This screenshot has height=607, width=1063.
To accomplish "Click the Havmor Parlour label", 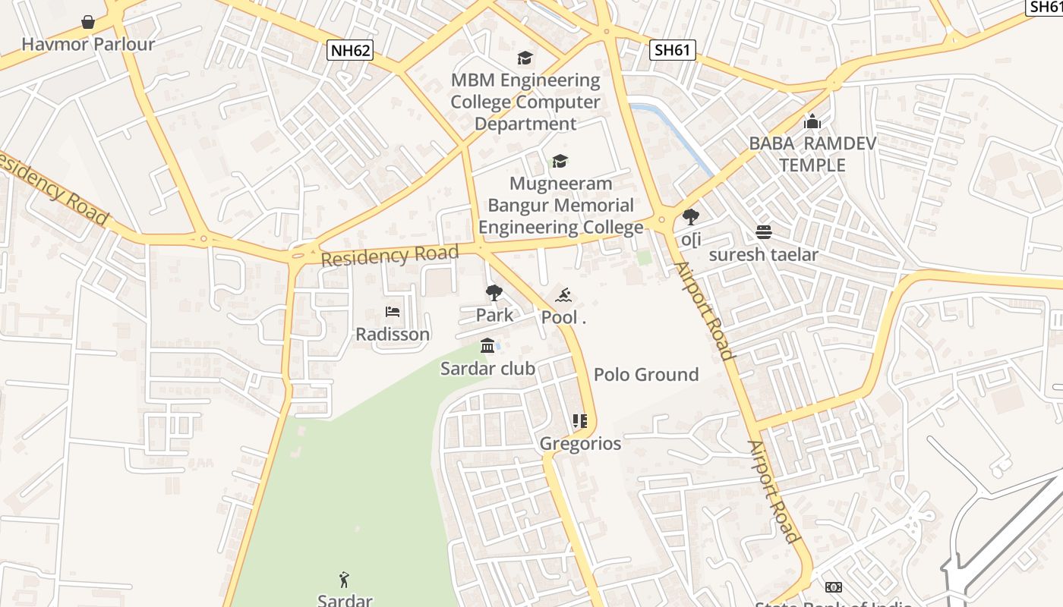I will tap(88, 44).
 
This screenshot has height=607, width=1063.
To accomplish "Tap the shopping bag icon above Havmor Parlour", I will tap(88, 22).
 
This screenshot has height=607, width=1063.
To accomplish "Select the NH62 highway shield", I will tap(351, 51).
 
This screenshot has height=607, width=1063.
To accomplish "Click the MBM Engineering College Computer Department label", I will tap(525, 102).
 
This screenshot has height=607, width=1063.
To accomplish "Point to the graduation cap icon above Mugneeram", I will tap(560, 161).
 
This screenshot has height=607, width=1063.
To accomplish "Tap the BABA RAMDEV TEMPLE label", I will tap(812, 154).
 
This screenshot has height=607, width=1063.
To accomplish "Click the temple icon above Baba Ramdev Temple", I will tap(812, 121).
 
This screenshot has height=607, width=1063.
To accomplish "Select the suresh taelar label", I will tap(763, 254).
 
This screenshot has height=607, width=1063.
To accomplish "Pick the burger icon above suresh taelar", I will tap(763, 232).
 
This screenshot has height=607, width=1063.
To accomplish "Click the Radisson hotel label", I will tap(393, 334).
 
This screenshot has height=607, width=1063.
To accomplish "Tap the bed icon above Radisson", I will tap(393, 312).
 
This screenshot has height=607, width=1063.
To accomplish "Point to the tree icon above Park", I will tap(494, 293).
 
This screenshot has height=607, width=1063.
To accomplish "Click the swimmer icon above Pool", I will tap(563, 295).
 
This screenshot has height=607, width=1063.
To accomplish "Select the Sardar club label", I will tap(488, 369).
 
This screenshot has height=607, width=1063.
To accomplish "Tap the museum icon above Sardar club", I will tap(487, 347).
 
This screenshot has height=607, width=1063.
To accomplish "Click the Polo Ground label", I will tap(646, 374).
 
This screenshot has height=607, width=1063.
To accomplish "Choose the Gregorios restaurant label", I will tap(580, 443).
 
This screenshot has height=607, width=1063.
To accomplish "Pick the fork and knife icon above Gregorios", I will tap(580, 421).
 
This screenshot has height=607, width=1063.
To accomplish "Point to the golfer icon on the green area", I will tap(345, 580).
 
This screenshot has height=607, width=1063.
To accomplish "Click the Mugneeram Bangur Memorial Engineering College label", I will tap(561, 205).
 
